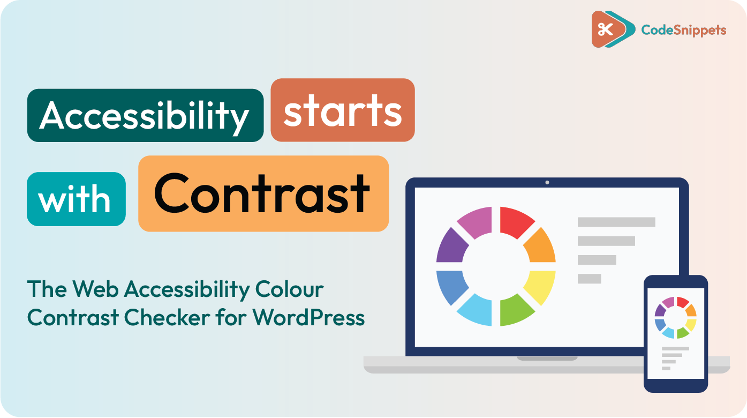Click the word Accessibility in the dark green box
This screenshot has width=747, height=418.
(x=145, y=115)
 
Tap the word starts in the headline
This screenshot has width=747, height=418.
(x=343, y=111)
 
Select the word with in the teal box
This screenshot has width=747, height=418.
(x=76, y=199)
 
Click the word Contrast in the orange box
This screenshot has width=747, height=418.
(x=262, y=193)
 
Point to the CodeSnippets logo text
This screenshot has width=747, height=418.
(x=684, y=30)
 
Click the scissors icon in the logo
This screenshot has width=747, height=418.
(x=605, y=29)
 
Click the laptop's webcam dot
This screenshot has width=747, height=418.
(x=547, y=183)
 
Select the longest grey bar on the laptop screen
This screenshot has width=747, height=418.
(x=616, y=222)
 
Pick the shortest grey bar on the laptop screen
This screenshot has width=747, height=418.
(x=589, y=279)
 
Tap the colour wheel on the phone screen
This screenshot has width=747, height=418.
(x=676, y=317)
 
